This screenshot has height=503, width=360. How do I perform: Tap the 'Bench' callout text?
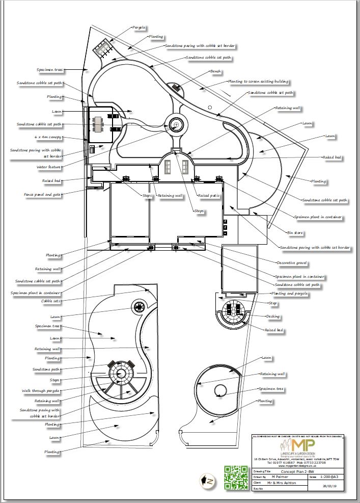point(215,71)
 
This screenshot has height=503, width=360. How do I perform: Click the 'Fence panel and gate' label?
point(43,194)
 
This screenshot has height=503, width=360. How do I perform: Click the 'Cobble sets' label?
point(51,301)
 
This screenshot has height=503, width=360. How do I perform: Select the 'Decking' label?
point(273,316)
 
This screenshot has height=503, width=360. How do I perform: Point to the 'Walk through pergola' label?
point(41,391)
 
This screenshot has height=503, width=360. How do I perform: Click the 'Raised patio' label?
point(208,196)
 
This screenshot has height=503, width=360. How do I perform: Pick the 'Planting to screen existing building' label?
point(258,81)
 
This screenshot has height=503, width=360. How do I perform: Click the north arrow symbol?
point(208,481)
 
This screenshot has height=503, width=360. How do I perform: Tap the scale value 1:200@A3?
point(331,477)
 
